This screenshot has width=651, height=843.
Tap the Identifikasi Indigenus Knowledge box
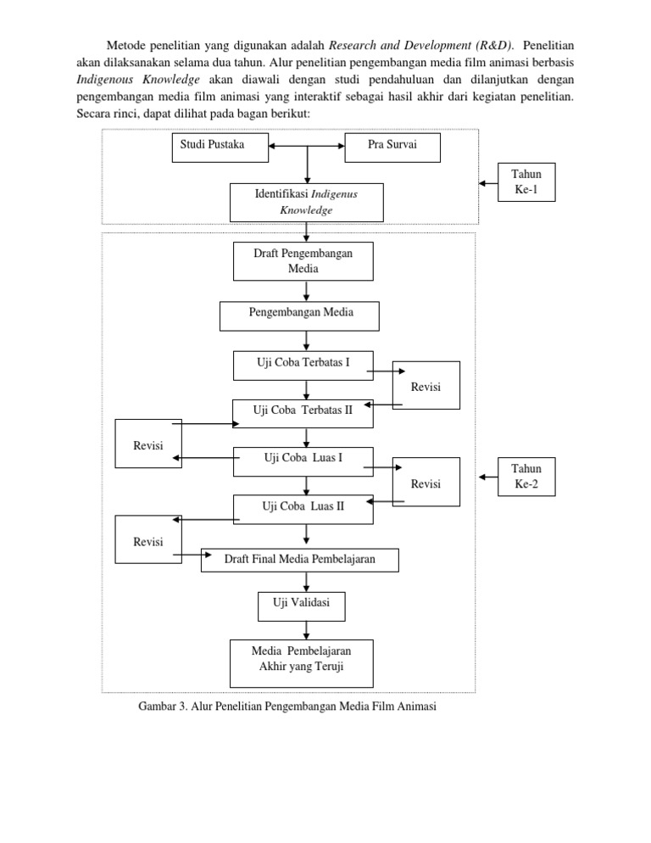tap(306, 203)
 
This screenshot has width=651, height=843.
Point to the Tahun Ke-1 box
tap(526, 181)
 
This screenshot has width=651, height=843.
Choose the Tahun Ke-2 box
tap(526, 477)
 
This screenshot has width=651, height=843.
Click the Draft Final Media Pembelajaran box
tap(299, 559)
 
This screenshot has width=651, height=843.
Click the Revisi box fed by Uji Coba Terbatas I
tap(426, 385)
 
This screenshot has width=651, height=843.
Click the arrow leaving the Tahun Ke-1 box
tap(487, 181)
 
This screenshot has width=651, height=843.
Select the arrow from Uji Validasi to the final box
tap(306, 629)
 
